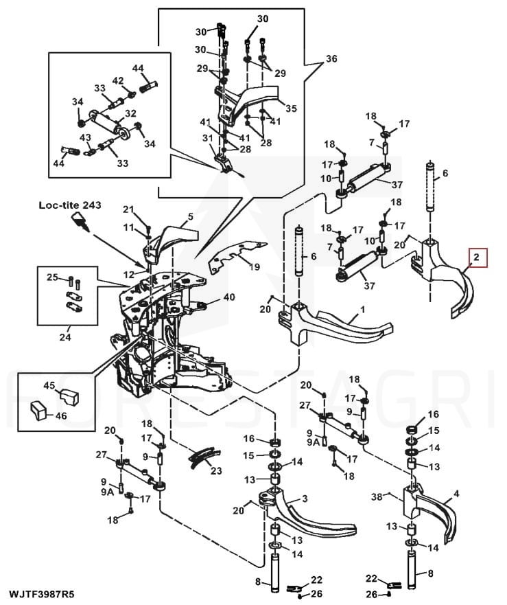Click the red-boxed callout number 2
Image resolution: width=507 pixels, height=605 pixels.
tap(477, 258)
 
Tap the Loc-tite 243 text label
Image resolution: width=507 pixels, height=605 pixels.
tap(70, 205)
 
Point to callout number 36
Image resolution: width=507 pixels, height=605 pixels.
tap(331, 58)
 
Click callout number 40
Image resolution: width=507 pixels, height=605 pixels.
tap(229, 297)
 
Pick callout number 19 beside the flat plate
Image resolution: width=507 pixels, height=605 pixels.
tap(255, 266)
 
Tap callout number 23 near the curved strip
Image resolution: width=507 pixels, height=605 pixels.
tap(216, 470)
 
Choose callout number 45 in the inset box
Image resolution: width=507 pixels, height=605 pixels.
tap(49, 385)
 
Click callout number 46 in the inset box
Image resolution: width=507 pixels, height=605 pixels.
tap(61, 415)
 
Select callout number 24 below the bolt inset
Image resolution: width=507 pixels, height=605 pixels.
tap(65, 337)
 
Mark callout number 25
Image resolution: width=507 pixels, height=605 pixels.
tap(53, 277)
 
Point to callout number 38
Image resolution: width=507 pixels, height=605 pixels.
tap(377, 496)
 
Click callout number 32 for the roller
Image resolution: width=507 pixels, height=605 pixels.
tap(131, 113)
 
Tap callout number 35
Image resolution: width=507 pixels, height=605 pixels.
tap(291, 109)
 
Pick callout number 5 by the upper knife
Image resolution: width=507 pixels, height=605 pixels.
tap(191, 216)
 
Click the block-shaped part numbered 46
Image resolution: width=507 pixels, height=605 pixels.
tap(38, 411)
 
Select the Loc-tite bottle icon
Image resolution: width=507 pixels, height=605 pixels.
tap(80, 222)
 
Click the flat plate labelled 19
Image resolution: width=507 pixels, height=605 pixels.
tap(236, 255)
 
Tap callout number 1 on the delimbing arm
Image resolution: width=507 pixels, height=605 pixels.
tap(362, 309)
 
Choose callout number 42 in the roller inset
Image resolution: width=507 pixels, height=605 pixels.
tap(118, 80)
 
